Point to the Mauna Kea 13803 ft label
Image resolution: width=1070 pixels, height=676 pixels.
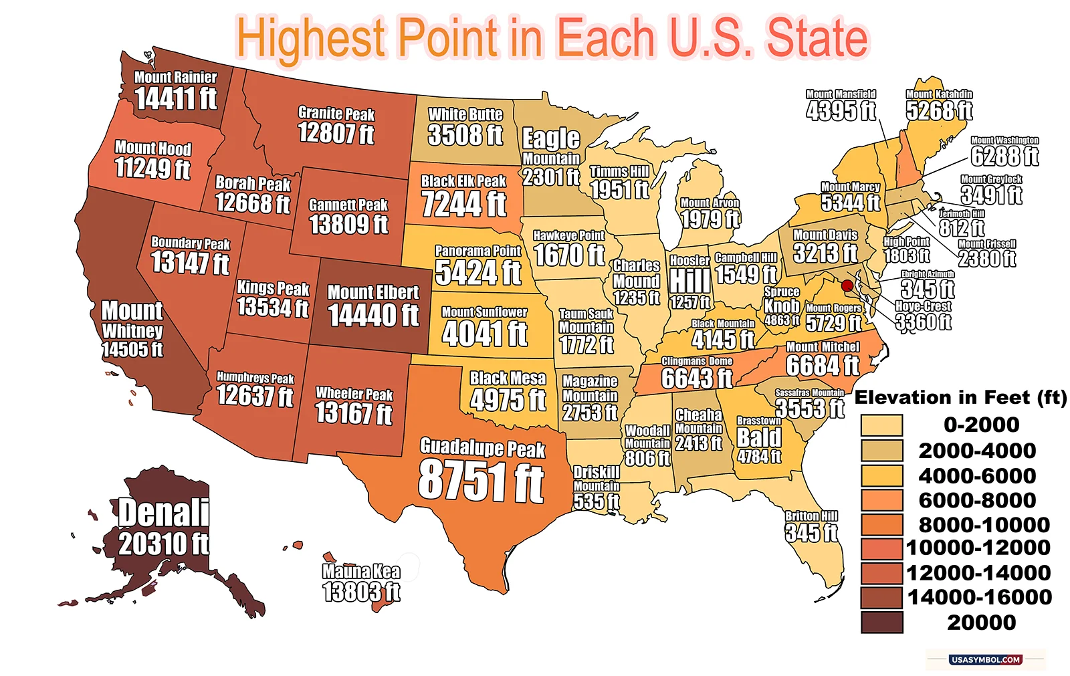361,582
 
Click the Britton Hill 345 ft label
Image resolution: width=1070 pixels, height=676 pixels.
811,526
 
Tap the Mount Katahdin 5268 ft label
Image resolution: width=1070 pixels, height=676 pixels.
939,106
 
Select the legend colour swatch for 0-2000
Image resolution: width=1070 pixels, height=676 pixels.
881,425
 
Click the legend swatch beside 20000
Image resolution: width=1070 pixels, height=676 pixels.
881,623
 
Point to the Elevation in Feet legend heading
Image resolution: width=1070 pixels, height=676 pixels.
961,398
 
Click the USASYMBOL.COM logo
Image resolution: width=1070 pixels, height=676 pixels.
985,659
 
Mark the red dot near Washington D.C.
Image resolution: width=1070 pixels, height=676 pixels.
847,286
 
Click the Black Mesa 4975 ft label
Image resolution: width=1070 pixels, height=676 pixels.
508,391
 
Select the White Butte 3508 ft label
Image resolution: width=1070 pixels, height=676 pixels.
465,128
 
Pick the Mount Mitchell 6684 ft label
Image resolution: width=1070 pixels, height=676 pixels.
823,359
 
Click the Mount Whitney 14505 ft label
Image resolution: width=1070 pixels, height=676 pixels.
132,329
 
